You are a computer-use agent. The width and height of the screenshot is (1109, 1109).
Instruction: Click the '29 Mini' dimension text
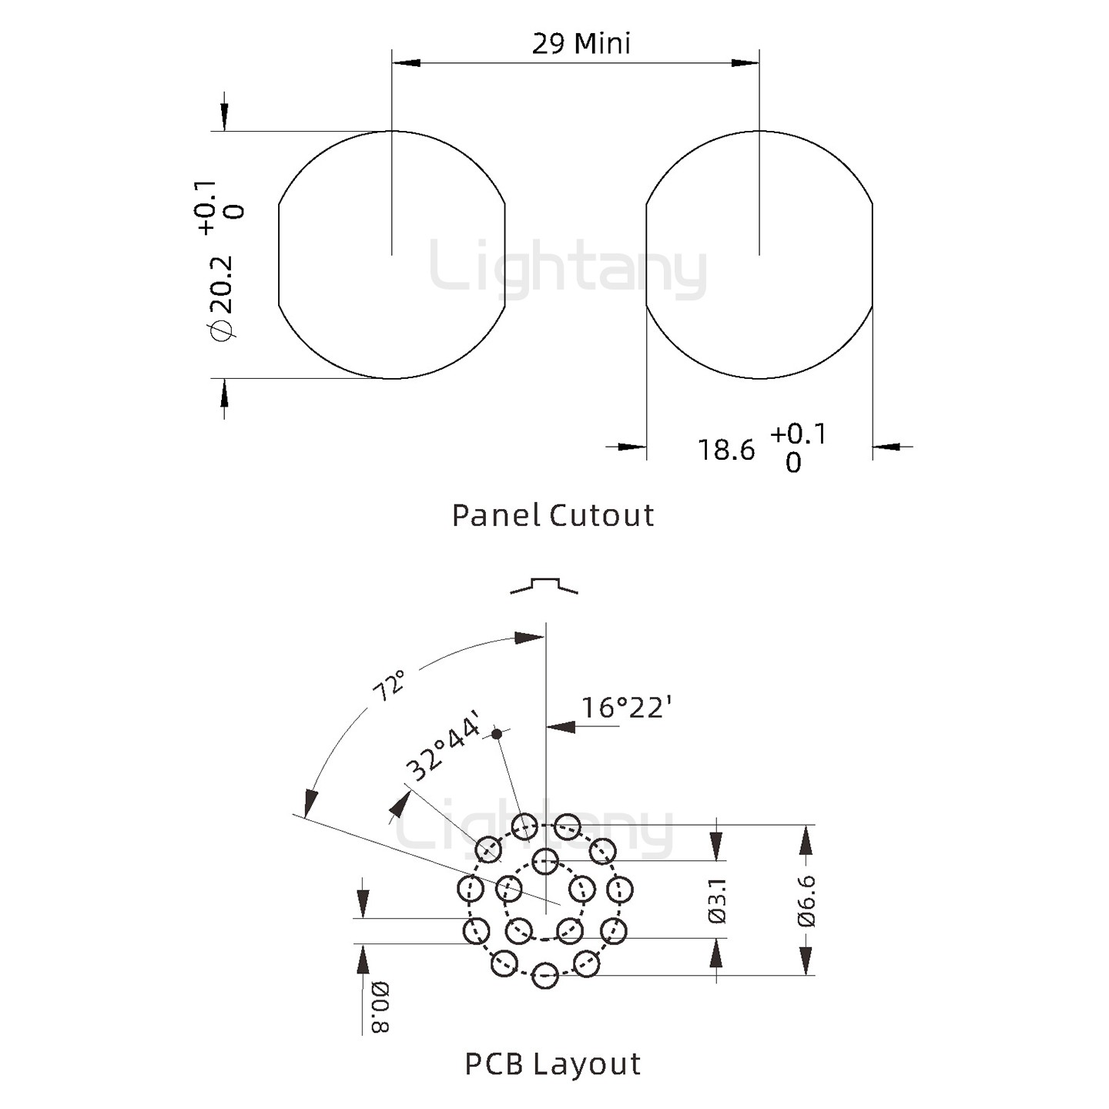(x=581, y=43)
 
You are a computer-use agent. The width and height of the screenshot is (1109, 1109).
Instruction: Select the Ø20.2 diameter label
(x=221, y=297)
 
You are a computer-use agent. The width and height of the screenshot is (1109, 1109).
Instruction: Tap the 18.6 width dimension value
(x=725, y=450)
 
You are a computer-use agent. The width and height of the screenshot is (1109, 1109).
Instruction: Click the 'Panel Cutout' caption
(x=553, y=515)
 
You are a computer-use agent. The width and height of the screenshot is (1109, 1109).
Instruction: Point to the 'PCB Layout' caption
(x=553, y=1064)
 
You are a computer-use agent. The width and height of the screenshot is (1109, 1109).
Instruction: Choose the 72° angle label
(x=389, y=685)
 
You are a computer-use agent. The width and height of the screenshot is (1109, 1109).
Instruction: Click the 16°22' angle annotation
(x=626, y=706)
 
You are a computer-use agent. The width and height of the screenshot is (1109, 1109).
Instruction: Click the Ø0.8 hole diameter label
(x=380, y=1007)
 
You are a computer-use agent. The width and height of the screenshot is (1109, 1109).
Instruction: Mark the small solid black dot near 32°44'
(x=497, y=734)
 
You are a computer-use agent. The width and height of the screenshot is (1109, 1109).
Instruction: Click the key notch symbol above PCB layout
(x=544, y=585)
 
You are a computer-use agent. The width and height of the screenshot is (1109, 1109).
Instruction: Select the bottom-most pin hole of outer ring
(x=544, y=975)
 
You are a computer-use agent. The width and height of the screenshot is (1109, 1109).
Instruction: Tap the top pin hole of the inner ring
(x=544, y=860)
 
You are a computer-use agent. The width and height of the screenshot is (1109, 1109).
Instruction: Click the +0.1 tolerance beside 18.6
(x=798, y=434)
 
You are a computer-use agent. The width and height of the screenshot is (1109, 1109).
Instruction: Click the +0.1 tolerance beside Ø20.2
(x=206, y=206)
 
